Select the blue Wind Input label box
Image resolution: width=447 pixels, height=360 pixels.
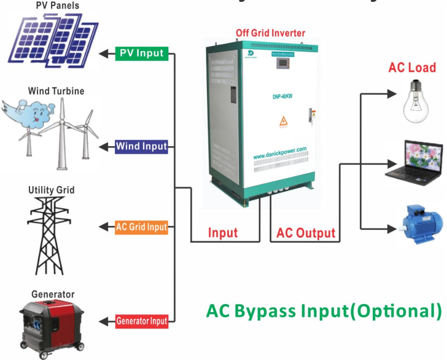141,146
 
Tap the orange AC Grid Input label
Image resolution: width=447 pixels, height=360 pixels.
141,227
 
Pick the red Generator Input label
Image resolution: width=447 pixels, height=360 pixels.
141,321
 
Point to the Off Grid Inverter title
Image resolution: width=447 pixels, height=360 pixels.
270,33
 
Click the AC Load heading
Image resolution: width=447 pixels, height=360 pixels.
411,68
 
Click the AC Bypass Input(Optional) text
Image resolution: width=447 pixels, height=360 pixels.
324,311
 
